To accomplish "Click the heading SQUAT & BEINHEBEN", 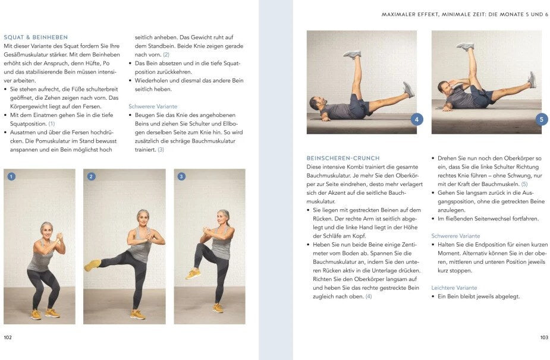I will (36, 37).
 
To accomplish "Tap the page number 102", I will (8, 337).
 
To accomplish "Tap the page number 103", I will (543, 337).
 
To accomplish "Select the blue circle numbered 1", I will (11, 176).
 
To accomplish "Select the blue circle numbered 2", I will (91, 176).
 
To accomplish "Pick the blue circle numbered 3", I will (181, 176).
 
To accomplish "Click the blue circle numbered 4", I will (416, 119).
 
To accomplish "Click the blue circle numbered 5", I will (541, 119).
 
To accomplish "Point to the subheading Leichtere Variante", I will (454, 288).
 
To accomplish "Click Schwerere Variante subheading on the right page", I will (455, 236).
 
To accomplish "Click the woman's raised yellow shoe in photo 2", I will (92, 265).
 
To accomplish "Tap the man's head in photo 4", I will (315, 104).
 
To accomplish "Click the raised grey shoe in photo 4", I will (352, 54).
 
